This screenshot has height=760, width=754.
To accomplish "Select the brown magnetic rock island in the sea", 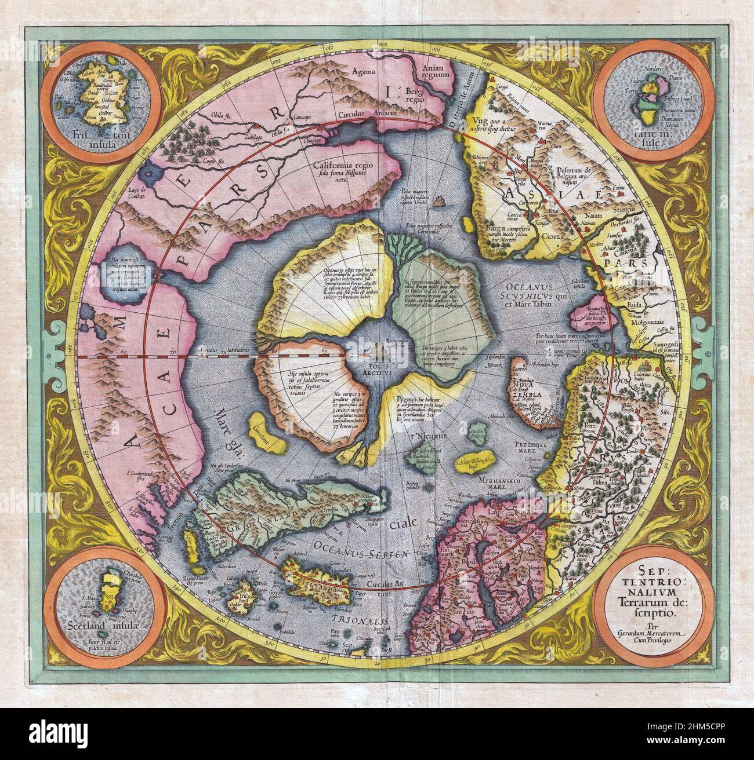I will pos(443,200).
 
